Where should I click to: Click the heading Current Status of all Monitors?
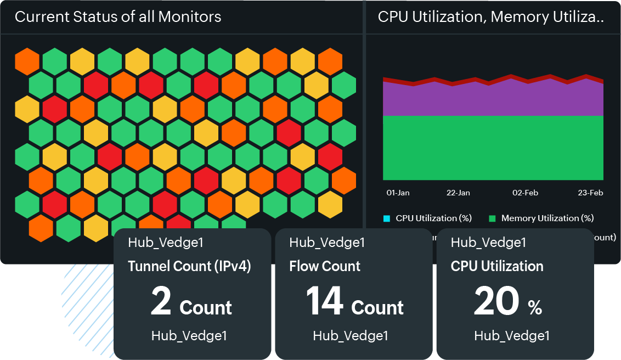[118, 17]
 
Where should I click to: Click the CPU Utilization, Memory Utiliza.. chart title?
[490, 17]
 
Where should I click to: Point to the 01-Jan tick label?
[398, 193]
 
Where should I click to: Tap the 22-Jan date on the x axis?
[458, 193]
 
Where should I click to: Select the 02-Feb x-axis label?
[525, 193]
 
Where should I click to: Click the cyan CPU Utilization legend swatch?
[387, 218]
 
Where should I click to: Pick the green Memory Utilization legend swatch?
[492, 218]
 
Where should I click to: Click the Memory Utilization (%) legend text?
[547, 218]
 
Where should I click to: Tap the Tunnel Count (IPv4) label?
[189, 267]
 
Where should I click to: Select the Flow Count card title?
[325, 267]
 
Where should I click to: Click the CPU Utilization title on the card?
[497, 267]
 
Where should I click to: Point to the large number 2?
[161, 302]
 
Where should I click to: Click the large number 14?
[325, 302]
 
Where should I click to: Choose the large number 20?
[496, 302]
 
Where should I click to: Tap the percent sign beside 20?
[535, 308]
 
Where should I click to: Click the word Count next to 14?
[377, 308]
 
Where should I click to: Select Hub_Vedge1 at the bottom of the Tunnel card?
[189, 336]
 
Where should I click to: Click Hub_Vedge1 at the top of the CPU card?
[488, 242]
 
